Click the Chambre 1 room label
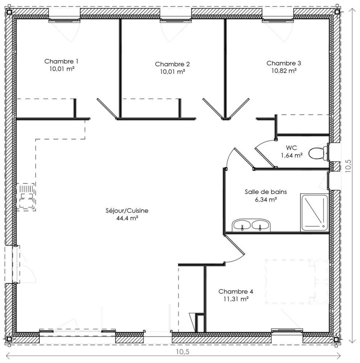coord(61,61)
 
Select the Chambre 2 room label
coord(172,64)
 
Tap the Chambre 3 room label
coord(284,63)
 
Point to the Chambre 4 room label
coord(236,291)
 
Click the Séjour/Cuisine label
coord(127,211)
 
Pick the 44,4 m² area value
coord(127,218)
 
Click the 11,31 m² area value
coord(236,299)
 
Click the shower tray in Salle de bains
coord(314,213)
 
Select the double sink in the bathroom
coord(251,225)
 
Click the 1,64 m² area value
coord(291,155)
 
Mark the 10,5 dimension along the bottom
coord(182,352)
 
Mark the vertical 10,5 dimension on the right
coord(349,167)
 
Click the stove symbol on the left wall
coord(26,196)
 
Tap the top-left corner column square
coord(9,12)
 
